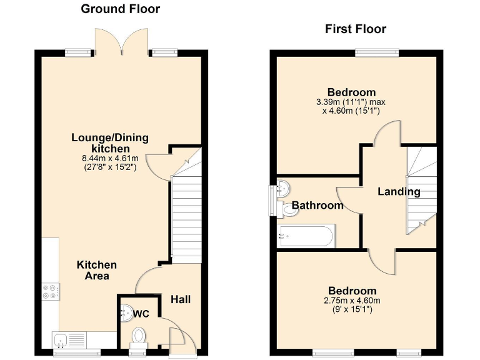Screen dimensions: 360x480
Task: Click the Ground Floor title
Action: click(x=121, y=9)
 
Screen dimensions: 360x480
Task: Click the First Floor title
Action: click(x=355, y=29)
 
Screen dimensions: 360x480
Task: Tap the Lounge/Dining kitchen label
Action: click(x=111, y=143)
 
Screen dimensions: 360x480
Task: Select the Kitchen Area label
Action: click(x=96, y=270)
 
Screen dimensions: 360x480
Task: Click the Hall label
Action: click(x=181, y=300)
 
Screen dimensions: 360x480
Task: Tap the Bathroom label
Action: click(x=317, y=205)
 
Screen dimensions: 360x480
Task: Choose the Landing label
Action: click(x=398, y=192)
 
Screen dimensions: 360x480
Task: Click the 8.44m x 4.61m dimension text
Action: click(x=110, y=158)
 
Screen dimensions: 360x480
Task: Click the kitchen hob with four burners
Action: click(x=50, y=291)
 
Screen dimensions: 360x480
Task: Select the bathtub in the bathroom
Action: click(x=306, y=236)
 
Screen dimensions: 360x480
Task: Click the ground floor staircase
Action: click(x=186, y=216)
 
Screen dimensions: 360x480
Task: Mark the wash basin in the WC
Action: click(x=127, y=311)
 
